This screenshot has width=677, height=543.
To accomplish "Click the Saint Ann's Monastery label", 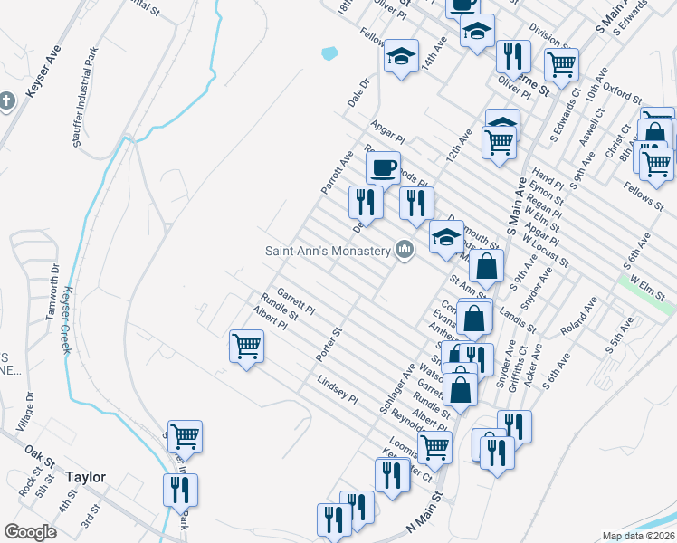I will (x=327, y=251).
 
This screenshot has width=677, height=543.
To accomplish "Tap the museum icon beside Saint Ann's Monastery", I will (x=405, y=250).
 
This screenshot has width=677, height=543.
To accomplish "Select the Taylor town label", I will (x=85, y=477).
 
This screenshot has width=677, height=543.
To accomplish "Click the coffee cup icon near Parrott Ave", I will (x=383, y=167).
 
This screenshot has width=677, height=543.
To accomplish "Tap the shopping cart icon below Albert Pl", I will (x=246, y=346).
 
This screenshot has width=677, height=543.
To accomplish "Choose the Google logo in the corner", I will (x=31, y=532).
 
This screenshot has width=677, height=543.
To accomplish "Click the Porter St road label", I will (x=328, y=345).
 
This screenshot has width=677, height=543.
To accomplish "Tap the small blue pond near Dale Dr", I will (x=329, y=53).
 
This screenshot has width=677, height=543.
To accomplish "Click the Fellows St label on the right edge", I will (x=645, y=193).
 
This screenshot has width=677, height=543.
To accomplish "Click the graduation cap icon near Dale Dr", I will (x=400, y=58).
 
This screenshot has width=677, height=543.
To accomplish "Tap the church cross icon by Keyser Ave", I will (x=7, y=100).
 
